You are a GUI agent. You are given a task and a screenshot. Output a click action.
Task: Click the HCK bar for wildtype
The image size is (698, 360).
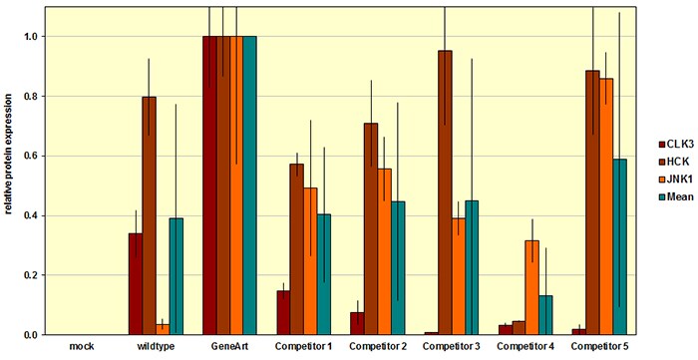tap(149, 215)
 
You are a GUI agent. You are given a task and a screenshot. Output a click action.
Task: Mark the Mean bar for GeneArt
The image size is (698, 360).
tap(249, 184)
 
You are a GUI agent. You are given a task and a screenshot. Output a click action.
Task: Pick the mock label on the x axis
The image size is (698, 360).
tap(82, 345)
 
